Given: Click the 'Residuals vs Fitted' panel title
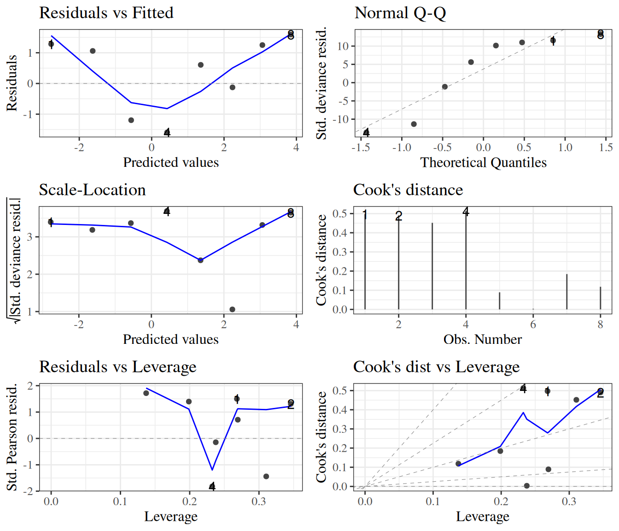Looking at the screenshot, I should tap(106, 13).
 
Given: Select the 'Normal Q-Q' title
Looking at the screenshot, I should tap(400, 13).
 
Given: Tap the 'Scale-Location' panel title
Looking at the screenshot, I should tap(92, 190).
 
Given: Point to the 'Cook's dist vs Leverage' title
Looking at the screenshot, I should tap(436, 367).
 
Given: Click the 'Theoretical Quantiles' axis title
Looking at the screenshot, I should tap(483, 163).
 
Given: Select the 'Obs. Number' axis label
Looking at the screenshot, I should tap(483, 340).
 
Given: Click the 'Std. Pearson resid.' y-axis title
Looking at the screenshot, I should tap(12, 437).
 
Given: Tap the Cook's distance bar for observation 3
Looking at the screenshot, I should tap(432, 266).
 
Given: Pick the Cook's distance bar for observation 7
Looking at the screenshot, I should tap(566, 292).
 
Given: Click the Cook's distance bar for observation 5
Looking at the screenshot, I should tap(499, 301).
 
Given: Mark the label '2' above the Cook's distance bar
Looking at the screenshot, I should tap(399, 216).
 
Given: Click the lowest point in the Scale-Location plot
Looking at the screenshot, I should tap(232, 309).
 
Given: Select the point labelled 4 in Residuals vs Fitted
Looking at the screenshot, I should tap(167, 133).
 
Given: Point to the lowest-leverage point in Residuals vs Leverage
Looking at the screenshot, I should tap(146, 393).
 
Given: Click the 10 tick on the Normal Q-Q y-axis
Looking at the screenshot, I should tap(343, 46).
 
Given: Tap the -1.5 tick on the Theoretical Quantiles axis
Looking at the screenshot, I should tap(361, 147).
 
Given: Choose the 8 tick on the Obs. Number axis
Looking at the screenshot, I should tap(600, 324).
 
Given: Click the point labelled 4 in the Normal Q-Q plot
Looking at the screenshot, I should tap(366, 133).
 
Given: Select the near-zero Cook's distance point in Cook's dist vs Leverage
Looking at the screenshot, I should tap(526, 486).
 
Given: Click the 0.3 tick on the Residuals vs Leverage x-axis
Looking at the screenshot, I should tap(258, 501).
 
